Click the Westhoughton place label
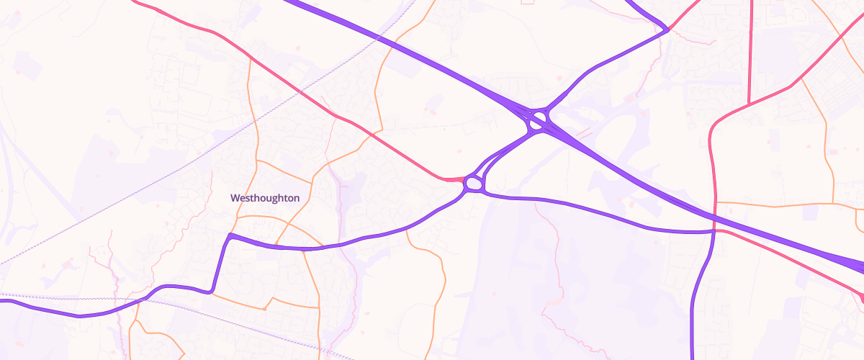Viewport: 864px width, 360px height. pyautogui.click(x=265, y=197)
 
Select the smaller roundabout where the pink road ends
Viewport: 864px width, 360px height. pyautogui.click(x=473, y=184)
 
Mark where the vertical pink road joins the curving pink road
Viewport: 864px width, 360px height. pyautogui.click(x=750, y=104)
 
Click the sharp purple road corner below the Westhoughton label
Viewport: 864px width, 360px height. pyautogui.click(x=230, y=235)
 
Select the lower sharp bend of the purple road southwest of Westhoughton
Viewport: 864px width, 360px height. pyautogui.click(x=211, y=291)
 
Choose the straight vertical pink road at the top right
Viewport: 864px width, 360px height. pyautogui.click(x=750, y=50)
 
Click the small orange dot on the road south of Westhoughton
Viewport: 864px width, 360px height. pyautogui.click(x=264, y=308)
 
